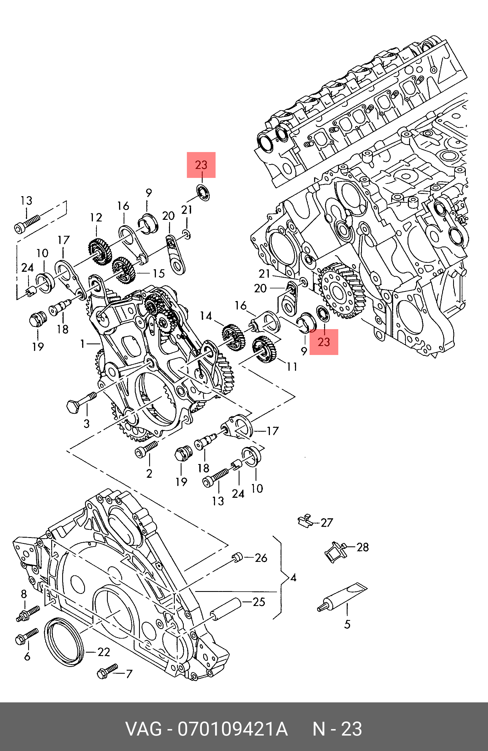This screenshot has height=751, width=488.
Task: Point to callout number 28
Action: (362, 547)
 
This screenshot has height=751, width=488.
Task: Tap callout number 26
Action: (261, 558)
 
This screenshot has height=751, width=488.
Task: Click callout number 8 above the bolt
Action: (24, 594)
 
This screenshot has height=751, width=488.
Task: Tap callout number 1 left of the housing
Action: (83, 343)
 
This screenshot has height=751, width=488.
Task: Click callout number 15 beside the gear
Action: (159, 273)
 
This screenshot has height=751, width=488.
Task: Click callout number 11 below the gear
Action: (292, 366)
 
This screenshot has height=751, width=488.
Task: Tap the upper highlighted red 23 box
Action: (201, 165)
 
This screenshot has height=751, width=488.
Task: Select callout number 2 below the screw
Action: (149, 473)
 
